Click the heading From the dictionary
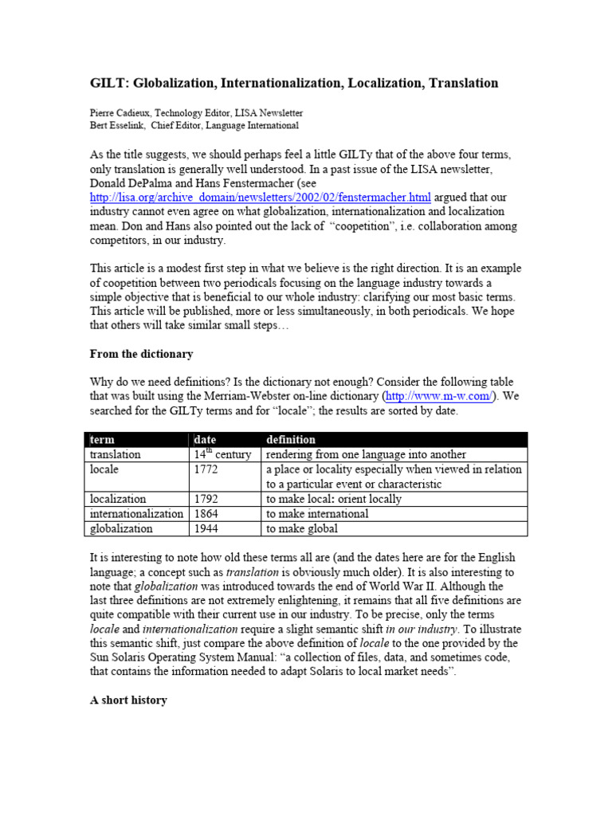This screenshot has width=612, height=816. pyautogui.click(x=140, y=354)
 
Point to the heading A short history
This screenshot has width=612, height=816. pyautogui.click(x=127, y=701)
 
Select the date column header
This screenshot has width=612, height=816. pyautogui.click(x=206, y=439)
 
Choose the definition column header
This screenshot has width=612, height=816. pyautogui.click(x=291, y=439)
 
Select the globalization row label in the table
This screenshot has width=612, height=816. pyautogui.click(x=120, y=529)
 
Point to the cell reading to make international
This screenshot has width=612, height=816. pyautogui.click(x=317, y=514)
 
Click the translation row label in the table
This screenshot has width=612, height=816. pyautogui.click(x=115, y=454)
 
